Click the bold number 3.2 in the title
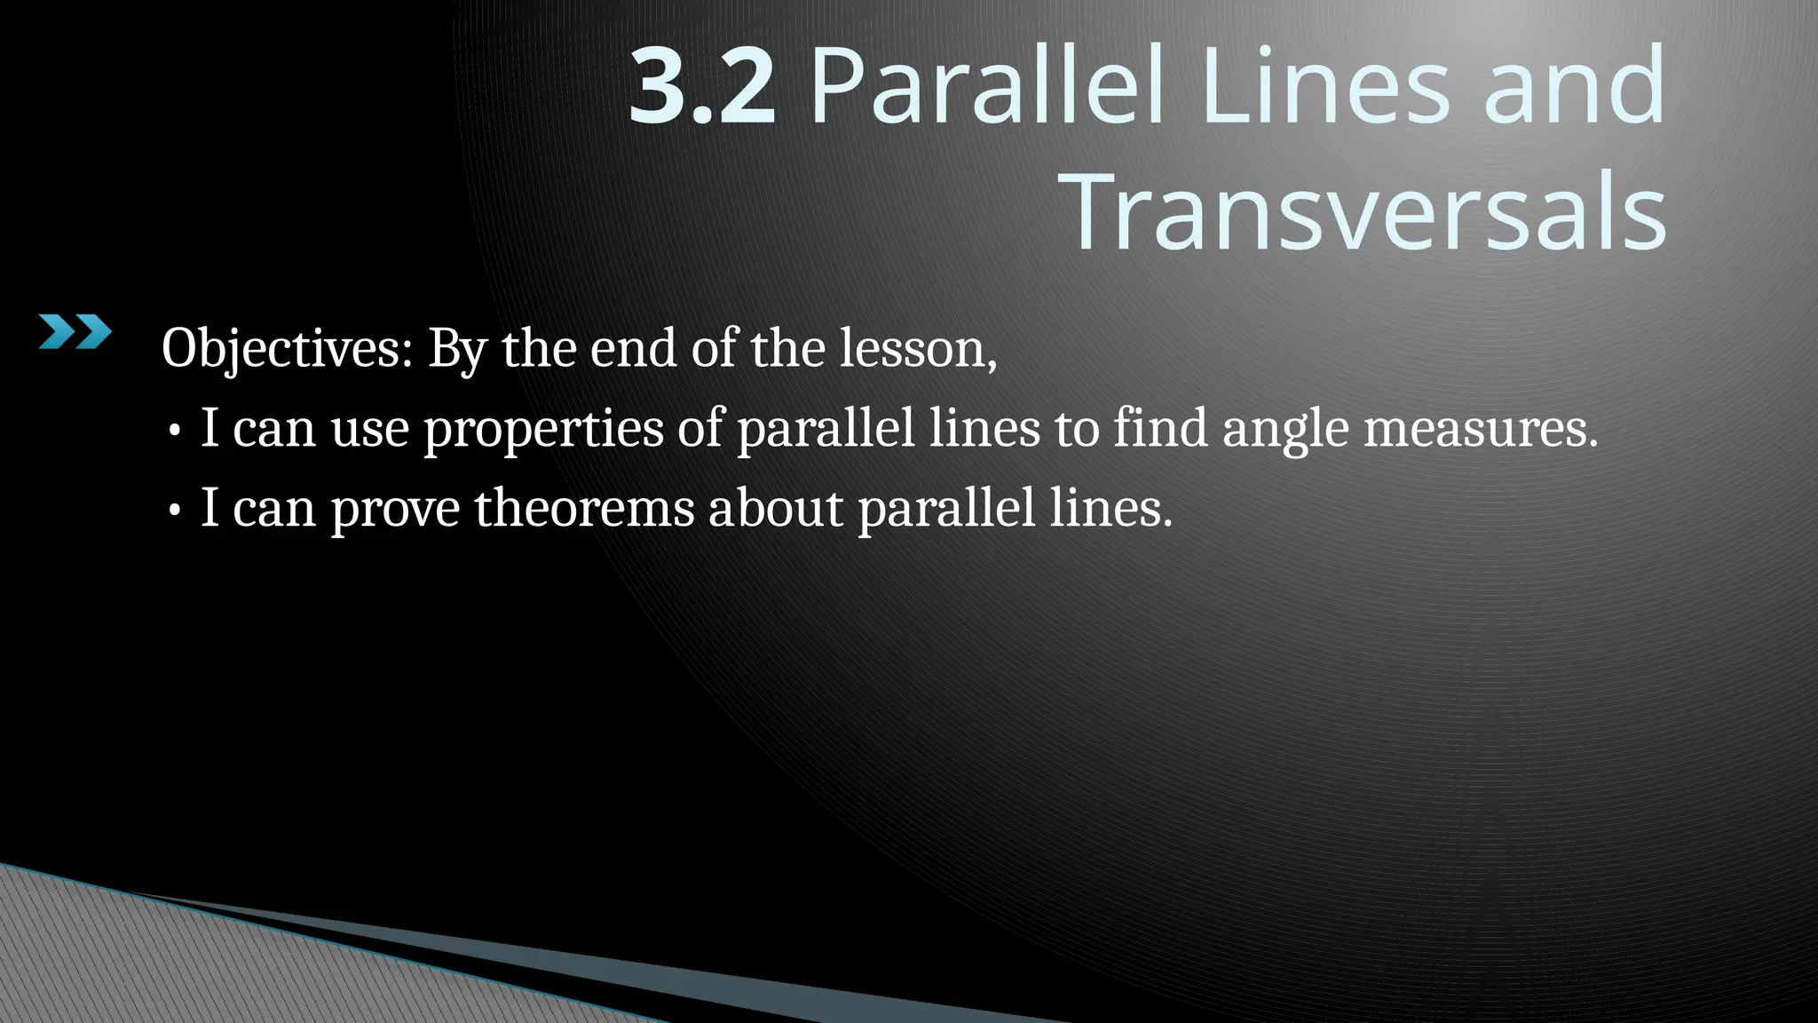pyautogui.click(x=702, y=87)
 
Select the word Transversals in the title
pyautogui.click(x=1368, y=213)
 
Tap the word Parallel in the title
pyautogui.click(x=986, y=87)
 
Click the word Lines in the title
pyautogui.click(x=1326, y=87)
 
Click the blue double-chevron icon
pyautogui.click(x=75, y=332)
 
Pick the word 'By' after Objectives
pyautogui.click(x=457, y=348)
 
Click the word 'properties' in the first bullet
pyautogui.click(x=543, y=429)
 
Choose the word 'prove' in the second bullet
pyautogui.click(x=395, y=509)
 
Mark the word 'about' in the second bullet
pyautogui.click(x=776, y=508)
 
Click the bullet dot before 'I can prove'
pyautogui.click(x=175, y=511)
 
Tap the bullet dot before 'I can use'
pyautogui.click(x=175, y=432)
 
